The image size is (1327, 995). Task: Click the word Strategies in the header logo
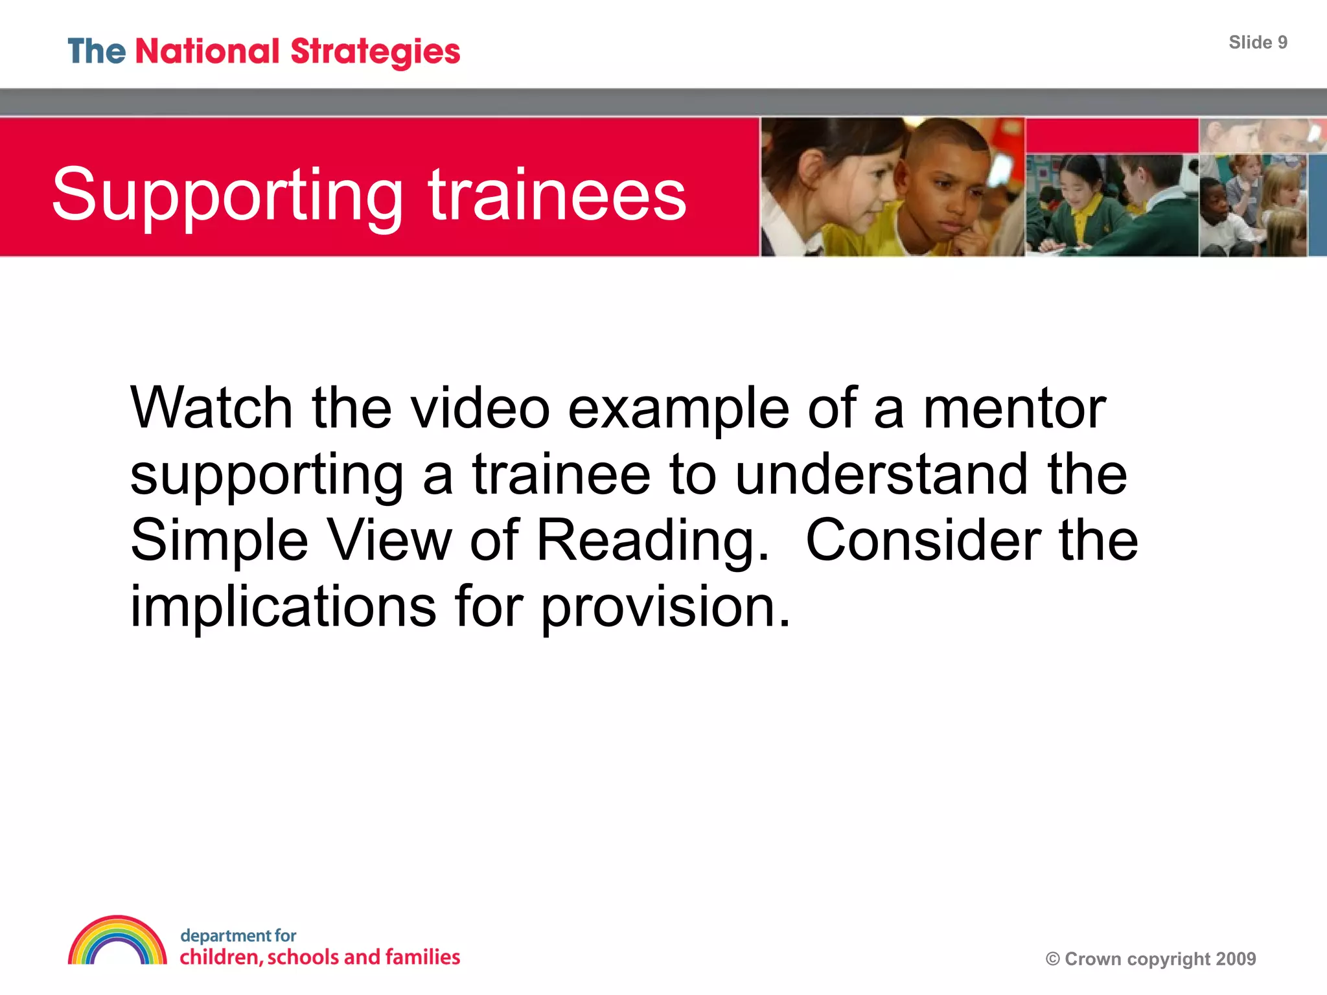coord(375,52)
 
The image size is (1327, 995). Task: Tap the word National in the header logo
coord(207,51)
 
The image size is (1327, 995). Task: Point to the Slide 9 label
coord(1258,43)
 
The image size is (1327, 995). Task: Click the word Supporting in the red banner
coord(227,195)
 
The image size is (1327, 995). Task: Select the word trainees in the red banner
coord(557,194)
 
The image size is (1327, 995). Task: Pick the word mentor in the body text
coord(1014,409)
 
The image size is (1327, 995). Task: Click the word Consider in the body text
coord(923,540)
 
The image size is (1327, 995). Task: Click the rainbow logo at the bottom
coord(117,941)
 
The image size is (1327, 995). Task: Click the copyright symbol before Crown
coord(1053,959)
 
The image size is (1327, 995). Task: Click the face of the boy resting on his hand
coord(946,188)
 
